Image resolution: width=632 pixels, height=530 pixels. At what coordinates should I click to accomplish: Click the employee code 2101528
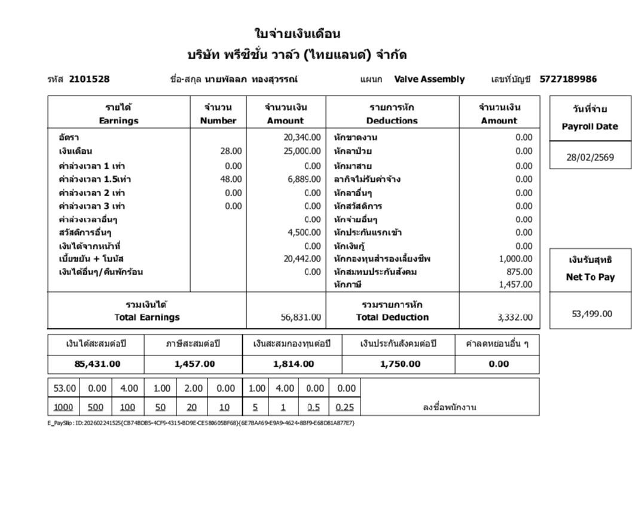pos(89,79)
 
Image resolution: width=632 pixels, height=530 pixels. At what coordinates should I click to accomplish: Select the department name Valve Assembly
pos(429,79)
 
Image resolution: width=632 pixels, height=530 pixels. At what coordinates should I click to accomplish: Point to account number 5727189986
pos(567,79)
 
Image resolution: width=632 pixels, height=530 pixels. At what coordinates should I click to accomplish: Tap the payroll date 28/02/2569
pos(590,158)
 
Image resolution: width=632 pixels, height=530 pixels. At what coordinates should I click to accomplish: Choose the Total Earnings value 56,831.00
pos(300,317)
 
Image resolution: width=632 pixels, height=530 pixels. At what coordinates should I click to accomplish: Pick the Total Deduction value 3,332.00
pos(514,317)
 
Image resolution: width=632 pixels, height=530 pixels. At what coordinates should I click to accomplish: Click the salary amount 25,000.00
pos(302,151)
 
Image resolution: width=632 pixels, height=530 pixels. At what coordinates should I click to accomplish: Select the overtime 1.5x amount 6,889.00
pos(304,179)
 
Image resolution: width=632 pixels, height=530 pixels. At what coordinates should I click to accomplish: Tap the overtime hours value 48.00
pos(231,179)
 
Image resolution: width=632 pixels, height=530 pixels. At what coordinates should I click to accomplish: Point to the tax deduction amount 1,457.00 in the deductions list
pos(515,285)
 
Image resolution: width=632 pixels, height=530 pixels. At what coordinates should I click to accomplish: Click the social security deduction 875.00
pos(519,272)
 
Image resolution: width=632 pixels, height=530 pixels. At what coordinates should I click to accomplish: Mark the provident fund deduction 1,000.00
pos(515,258)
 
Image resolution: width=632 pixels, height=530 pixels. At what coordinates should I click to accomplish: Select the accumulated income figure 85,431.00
pos(97,364)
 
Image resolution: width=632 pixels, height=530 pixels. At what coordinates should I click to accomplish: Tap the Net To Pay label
pos(590,277)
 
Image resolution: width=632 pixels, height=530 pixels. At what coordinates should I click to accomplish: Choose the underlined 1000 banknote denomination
pos(63,407)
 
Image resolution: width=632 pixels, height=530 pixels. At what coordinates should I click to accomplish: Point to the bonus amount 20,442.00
pos(302,258)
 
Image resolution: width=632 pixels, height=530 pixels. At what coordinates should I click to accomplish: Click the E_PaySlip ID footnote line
pos(201,423)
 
